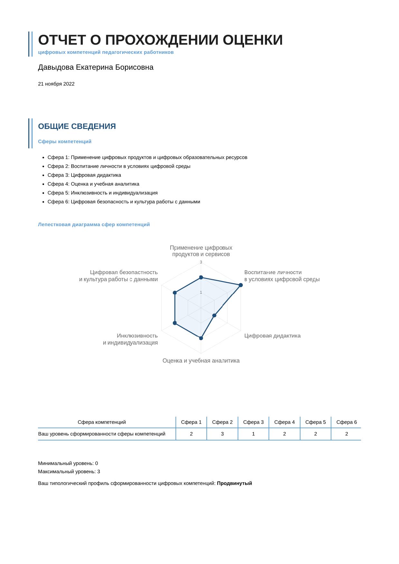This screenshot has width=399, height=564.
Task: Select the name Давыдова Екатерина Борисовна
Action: point(96,67)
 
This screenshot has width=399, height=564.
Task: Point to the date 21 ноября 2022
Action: point(56,84)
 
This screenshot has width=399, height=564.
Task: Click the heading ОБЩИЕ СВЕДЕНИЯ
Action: point(77,126)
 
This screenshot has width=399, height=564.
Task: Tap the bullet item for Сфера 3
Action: point(84,175)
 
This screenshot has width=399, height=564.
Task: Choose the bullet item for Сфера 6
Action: point(124,202)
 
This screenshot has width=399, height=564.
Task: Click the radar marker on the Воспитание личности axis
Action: point(241,285)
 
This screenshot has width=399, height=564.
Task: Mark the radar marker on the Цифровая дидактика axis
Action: point(214,316)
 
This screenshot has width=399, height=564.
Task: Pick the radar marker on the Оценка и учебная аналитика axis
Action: point(201,338)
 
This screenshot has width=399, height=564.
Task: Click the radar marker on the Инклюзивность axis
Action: point(175,323)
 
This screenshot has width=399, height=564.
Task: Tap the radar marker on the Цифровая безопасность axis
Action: point(175,293)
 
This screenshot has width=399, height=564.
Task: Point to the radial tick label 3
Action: point(201,262)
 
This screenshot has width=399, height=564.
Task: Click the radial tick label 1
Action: point(201,292)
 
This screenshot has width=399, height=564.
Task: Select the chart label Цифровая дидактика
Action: point(272,336)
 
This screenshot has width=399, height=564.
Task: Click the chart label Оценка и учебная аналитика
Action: point(201,361)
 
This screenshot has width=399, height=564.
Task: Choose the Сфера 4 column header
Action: point(284,422)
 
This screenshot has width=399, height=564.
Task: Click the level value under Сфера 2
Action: point(222,434)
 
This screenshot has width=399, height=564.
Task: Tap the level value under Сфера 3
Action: point(253,434)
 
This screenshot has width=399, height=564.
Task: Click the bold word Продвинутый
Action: point(234,483)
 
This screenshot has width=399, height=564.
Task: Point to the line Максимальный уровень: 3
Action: point(69,472)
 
